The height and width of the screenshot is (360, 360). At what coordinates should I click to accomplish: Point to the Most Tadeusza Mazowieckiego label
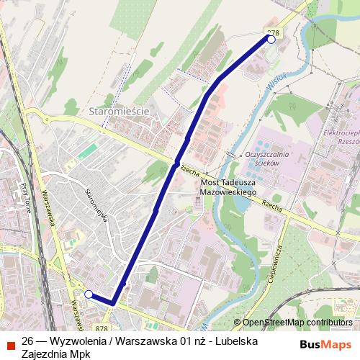click(228, 189)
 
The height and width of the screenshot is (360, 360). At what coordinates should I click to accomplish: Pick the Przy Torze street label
click(27, 196)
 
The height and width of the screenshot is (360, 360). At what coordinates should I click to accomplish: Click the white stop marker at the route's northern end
click(271, 40)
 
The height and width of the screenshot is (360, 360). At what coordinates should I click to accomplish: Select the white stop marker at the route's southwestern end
click(89, 294)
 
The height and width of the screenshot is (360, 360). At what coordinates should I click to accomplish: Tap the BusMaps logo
click(325, 343)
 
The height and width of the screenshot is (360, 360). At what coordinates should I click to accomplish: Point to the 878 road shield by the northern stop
click(272, 32)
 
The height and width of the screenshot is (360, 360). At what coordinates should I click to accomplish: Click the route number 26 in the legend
click(27, 341)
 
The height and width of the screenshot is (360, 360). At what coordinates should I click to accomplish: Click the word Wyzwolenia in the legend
click(79, 341)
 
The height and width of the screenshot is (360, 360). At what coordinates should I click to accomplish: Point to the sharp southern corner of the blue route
click(112, 304)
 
